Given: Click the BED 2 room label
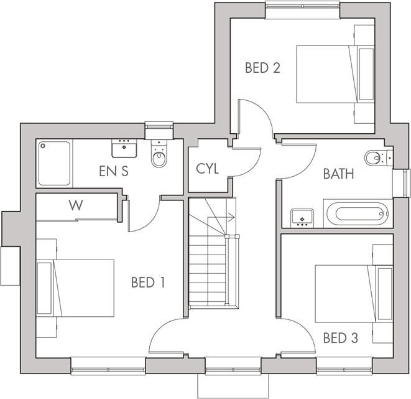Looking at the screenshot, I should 262,68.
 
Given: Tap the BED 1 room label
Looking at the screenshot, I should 148,283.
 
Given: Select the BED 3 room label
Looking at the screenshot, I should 341,339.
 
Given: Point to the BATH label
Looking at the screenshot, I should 338,174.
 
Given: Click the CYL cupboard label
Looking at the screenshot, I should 207,169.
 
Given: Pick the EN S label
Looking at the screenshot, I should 114,171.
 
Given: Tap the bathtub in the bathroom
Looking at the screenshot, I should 356,214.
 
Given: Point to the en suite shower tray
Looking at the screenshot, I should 55,163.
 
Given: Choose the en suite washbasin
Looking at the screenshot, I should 124,149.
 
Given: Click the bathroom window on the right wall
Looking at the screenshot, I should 405,182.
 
